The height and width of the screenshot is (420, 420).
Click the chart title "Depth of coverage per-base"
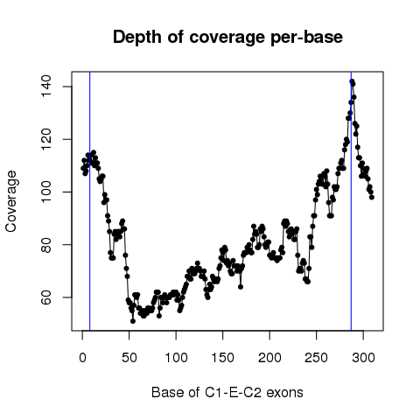pos(227,38)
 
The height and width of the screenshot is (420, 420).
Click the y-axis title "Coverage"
pos(11,201)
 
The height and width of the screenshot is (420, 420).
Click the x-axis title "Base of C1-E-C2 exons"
pos(227,393)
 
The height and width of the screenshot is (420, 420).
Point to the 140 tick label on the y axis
pos(46,87)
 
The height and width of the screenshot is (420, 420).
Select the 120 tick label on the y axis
pos(46,139)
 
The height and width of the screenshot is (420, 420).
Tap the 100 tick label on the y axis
pos(46,192)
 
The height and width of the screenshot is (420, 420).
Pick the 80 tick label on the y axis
pos(46,245)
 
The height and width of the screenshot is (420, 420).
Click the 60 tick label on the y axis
pos(46,297)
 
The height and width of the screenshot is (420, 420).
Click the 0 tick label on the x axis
pos(82,358)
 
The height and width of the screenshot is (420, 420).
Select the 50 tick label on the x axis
pos(129,358)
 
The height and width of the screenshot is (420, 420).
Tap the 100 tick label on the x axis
pos(176,358)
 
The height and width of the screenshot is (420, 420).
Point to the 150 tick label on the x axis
pos(223,358)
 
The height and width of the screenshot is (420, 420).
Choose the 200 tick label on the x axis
pos(269,358)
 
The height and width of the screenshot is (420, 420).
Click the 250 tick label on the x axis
pos(317,358)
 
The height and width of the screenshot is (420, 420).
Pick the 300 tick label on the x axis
pos(363,358)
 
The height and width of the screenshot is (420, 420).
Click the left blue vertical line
pos(90,201)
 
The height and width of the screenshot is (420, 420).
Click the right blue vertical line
pos(351,201)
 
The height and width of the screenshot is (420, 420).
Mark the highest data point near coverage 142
pos(352,81)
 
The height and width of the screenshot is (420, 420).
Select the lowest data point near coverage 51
pos(133,321)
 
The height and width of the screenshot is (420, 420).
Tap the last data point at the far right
pos(372,197)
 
